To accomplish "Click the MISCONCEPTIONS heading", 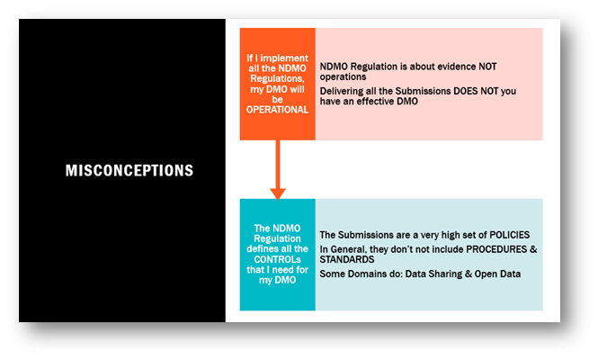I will point(129,170).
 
